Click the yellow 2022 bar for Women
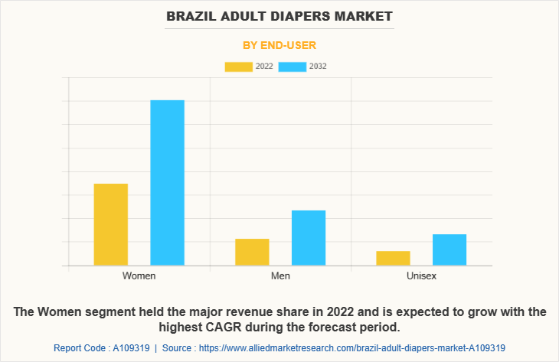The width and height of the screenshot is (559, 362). pyautogui.click(x=111, y=224)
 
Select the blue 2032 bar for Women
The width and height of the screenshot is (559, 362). pyautogui.click(x=167, y=183)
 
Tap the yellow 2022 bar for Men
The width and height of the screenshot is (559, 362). pyautogui.click(x=252, y=252)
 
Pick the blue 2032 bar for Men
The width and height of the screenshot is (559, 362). pyautogui.click(x=309, y=238)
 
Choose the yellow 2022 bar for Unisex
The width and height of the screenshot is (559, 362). pyautogui.click(x=393, y=258)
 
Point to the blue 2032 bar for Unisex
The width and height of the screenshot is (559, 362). pyautogui.click(x=449, y=249)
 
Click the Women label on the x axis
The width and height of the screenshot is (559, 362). pyautogui.click(x=139, y=276)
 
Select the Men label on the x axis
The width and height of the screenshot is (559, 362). pyautogui.click(x=280, y=276)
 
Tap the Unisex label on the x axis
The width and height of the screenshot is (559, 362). pyautogui.click(x=421, y=276)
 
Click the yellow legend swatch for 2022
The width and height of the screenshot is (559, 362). pyautogui.click(x=238, y=67)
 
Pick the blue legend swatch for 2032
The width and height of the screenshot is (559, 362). pyautogui.click(x=293, y=67)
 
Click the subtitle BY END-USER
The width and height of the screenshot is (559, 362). pyautogui.click(x=279, y=45)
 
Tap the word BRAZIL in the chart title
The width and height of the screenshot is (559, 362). pyautogui.click(x=191, y=15)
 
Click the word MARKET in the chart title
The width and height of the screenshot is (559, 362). pyautogui.click(x=363, y=15)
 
